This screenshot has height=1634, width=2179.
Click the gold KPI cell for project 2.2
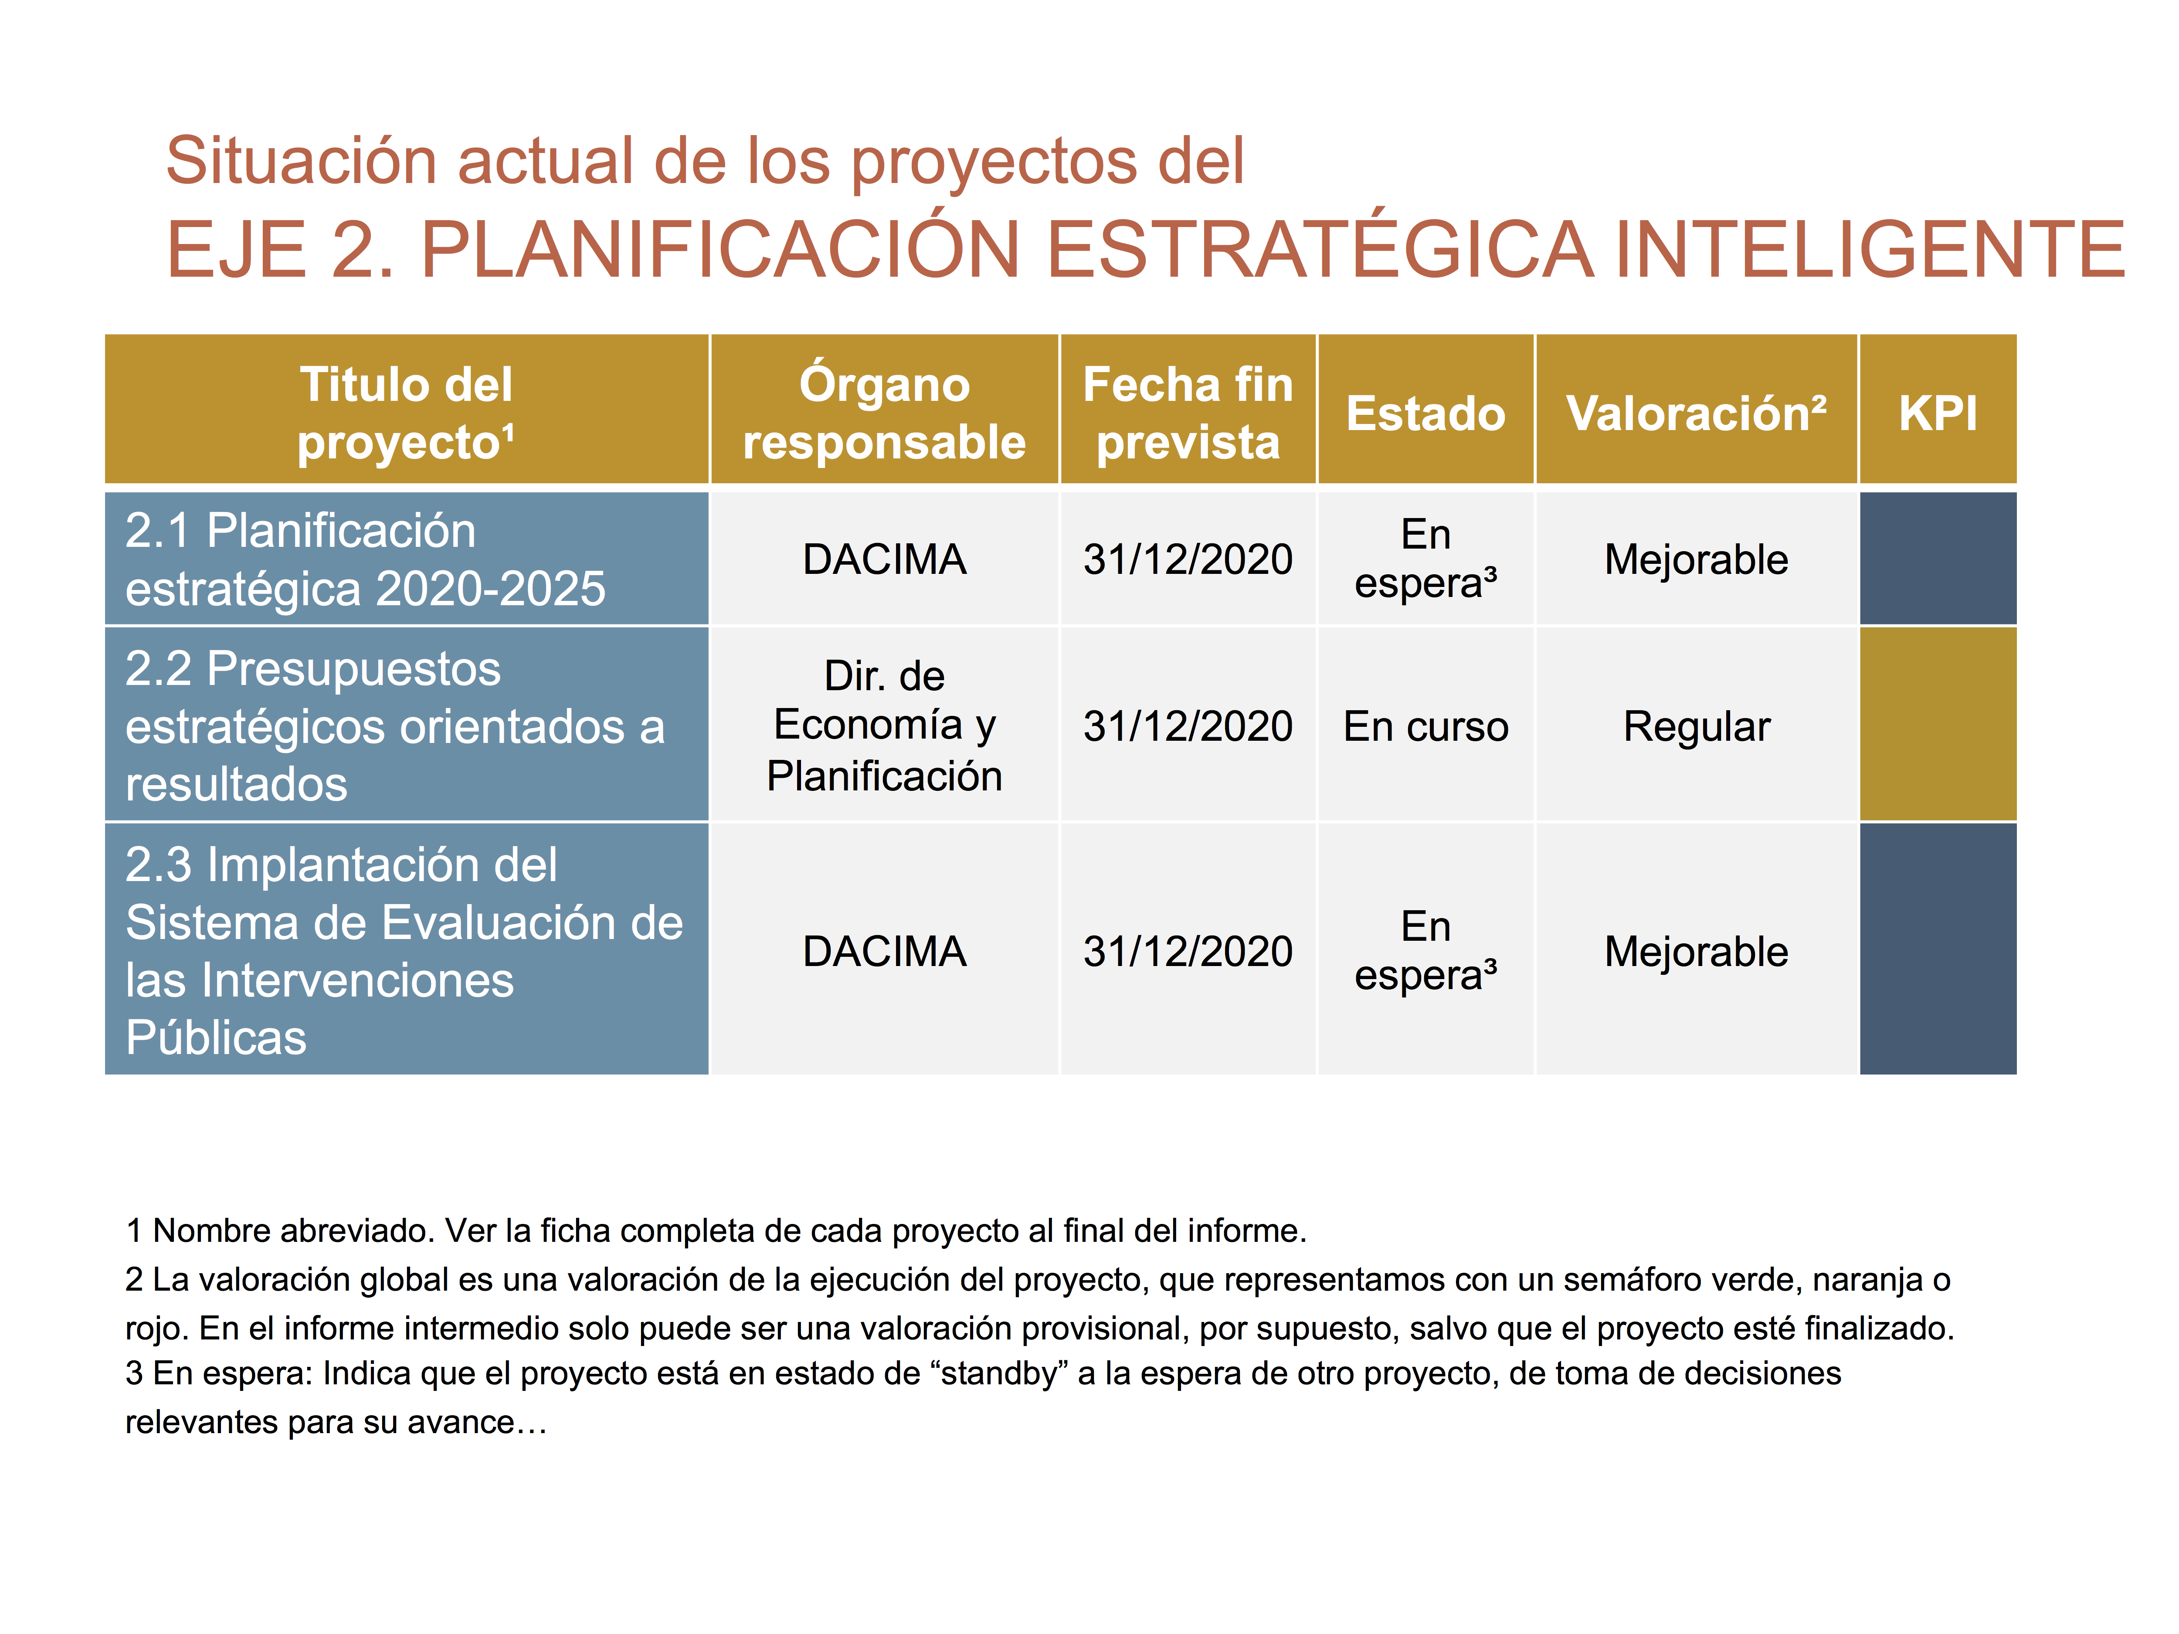[1938, 724]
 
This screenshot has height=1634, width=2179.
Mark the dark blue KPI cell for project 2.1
[1938, 559]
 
